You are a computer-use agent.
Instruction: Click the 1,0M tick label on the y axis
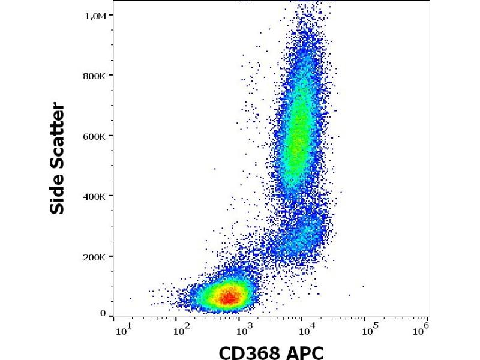(96, 16)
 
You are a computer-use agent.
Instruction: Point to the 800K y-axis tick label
(95, 76)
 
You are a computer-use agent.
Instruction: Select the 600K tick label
(95, 136)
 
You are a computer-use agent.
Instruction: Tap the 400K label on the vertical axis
(95, 196)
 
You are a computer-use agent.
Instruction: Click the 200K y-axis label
(95, 257)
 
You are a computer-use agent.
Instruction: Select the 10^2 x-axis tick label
(178, 329)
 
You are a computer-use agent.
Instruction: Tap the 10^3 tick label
(242, 329)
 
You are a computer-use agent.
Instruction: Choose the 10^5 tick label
(370, 329)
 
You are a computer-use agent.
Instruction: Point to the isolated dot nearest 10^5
(363, 286)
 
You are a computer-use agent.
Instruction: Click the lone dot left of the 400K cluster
(214, 169)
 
